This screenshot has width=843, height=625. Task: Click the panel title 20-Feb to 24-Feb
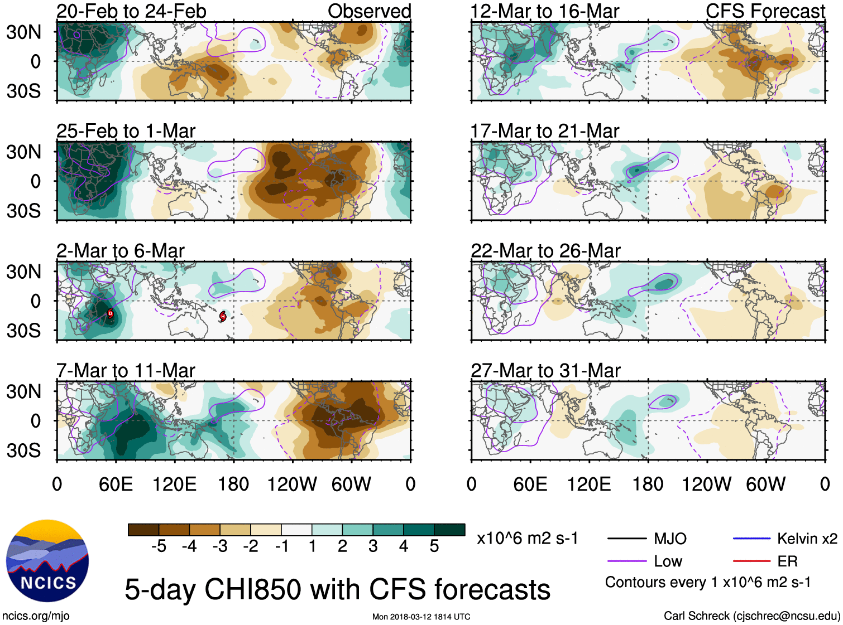[x=131, y=11]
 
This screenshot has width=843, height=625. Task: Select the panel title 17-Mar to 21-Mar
[x=545, y=131]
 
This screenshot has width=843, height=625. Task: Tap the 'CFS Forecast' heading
[x=765, y=11]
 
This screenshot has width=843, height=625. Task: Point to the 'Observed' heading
[x=369, y=11]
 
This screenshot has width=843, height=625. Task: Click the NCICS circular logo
[x=47, y=561]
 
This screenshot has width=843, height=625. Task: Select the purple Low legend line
[x=626, y=561]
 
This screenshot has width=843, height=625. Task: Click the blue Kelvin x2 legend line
[x=751, y=539]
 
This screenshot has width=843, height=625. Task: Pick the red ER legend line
[x=751, y=561]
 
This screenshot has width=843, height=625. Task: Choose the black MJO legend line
[x=626, y=539]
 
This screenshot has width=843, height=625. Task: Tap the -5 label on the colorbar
[x=159, y=546]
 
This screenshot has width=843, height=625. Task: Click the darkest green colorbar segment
[x=449, y=530]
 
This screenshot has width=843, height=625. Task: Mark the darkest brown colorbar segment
[x=143, y=530]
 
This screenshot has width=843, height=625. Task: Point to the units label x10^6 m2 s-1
[x=527, y=539]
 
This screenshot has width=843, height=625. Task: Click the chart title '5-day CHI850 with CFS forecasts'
[x=337, y=590]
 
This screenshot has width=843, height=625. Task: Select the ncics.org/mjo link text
[x=36, y=616]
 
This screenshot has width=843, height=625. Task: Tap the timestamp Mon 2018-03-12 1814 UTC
[x=421, y=617]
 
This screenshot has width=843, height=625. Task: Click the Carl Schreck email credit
[x=751, y=616]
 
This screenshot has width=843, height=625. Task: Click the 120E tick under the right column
[x=589, y=484]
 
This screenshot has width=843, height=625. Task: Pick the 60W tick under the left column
[x=351, y=484]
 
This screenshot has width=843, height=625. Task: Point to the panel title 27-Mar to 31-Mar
[x=545, y=371]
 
